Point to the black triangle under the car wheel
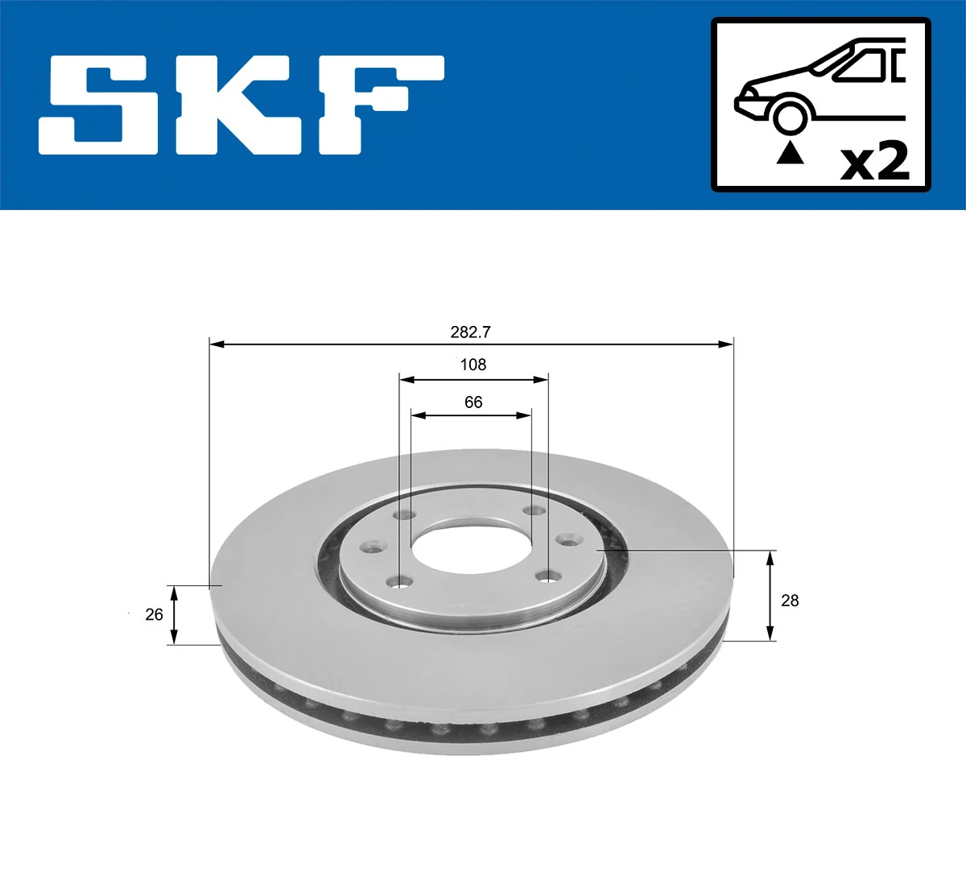(790, 152)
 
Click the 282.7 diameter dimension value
(471, 332)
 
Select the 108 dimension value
(473, 365)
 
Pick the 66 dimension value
(473, 402)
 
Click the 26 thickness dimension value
(154, 614)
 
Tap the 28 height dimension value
(790, 600)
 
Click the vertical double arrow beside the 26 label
(173, 615)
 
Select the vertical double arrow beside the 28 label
(770, 596)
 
